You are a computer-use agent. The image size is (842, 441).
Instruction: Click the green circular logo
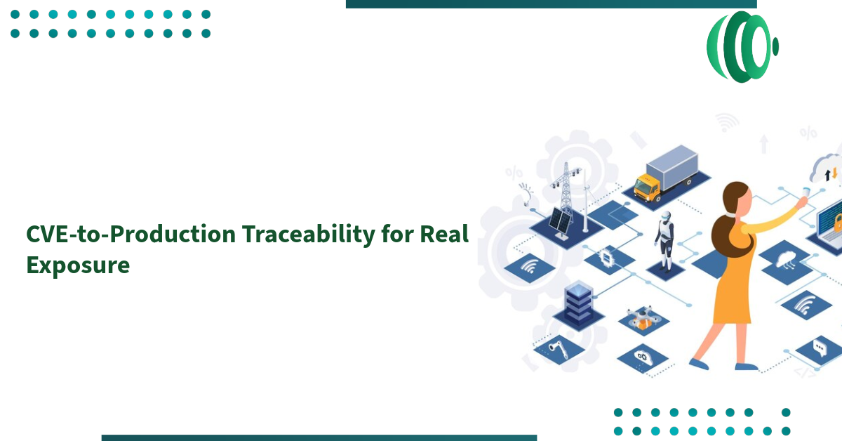coord(741,46)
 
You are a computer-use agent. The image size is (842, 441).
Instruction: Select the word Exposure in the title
coord(78,265)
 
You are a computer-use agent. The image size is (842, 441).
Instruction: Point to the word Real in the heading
coord(444,235)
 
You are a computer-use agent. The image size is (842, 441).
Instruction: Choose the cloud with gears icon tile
coord(642,357)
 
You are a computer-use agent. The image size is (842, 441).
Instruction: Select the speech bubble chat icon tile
coord(818,347)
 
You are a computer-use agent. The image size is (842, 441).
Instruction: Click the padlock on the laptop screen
coord(837,223)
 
